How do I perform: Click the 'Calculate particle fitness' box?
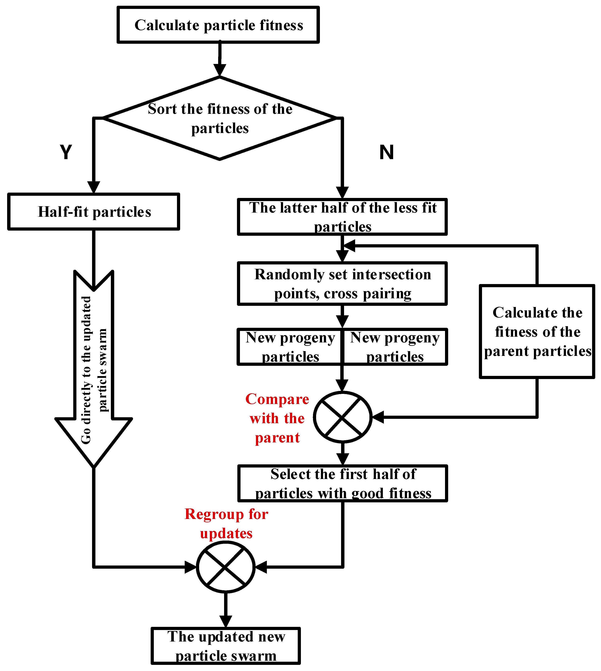point(218,25)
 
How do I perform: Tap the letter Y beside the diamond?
point(66,152)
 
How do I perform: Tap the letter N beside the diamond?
point(386,152)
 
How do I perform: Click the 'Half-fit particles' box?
point(94,212)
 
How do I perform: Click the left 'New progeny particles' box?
point(290,347)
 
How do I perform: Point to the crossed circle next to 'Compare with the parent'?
point(342,417)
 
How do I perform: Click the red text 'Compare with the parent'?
point(277,418)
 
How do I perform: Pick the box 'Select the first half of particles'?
point(342,483)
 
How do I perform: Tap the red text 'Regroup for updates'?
point(226,523)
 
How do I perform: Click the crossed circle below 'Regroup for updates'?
point(225,567)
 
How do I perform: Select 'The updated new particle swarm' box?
point(225,646)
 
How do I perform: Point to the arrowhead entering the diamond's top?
point(220,70)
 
